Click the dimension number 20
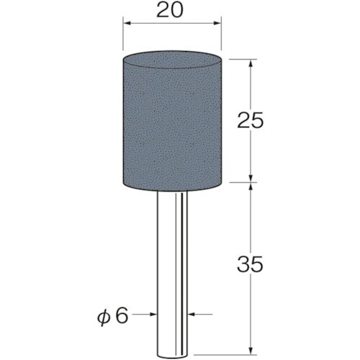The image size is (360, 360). click(170, 11)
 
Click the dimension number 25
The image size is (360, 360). click(251, 120)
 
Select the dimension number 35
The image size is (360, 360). click(250, 264)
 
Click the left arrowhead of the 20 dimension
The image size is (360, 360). click(127, 23)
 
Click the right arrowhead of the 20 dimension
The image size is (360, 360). click(217, 23)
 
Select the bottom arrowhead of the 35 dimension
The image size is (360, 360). click(251, 351)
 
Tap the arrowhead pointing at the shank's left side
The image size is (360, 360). click(153, 314)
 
